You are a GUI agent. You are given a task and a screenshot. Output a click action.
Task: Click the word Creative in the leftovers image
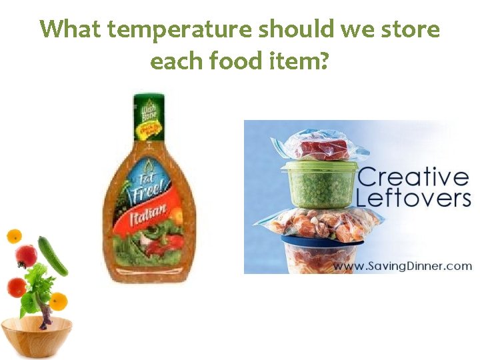tap(413, 178)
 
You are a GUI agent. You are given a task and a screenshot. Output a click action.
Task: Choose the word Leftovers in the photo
tap(413, 198)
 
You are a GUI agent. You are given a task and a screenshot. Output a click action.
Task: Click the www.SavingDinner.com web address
tap(401, 265)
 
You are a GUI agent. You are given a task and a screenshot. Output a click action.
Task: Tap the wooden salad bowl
tap(36, 336)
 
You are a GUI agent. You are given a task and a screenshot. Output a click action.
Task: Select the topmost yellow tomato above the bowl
tap(14, 236)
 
